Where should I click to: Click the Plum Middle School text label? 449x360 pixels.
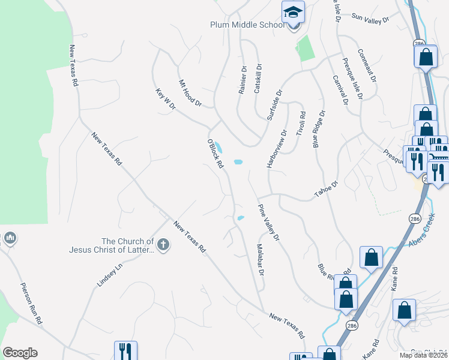[247, 25]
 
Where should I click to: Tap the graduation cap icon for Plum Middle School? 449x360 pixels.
[293, 12]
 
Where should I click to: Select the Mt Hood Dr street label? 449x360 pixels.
[190, 93]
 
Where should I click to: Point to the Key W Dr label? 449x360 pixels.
[165, 99]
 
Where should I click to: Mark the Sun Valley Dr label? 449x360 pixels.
[370, 19]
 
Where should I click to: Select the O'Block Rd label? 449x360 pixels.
[215, 154]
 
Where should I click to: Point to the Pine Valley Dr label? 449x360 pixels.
[269, 223]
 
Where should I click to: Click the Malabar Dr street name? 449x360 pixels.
[261, 260]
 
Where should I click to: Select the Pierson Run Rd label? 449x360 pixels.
[31, 304]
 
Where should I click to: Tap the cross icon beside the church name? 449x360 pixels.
[163, 244]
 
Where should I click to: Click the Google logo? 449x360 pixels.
[20, 353]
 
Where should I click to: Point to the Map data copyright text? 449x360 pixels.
[423, 355]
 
